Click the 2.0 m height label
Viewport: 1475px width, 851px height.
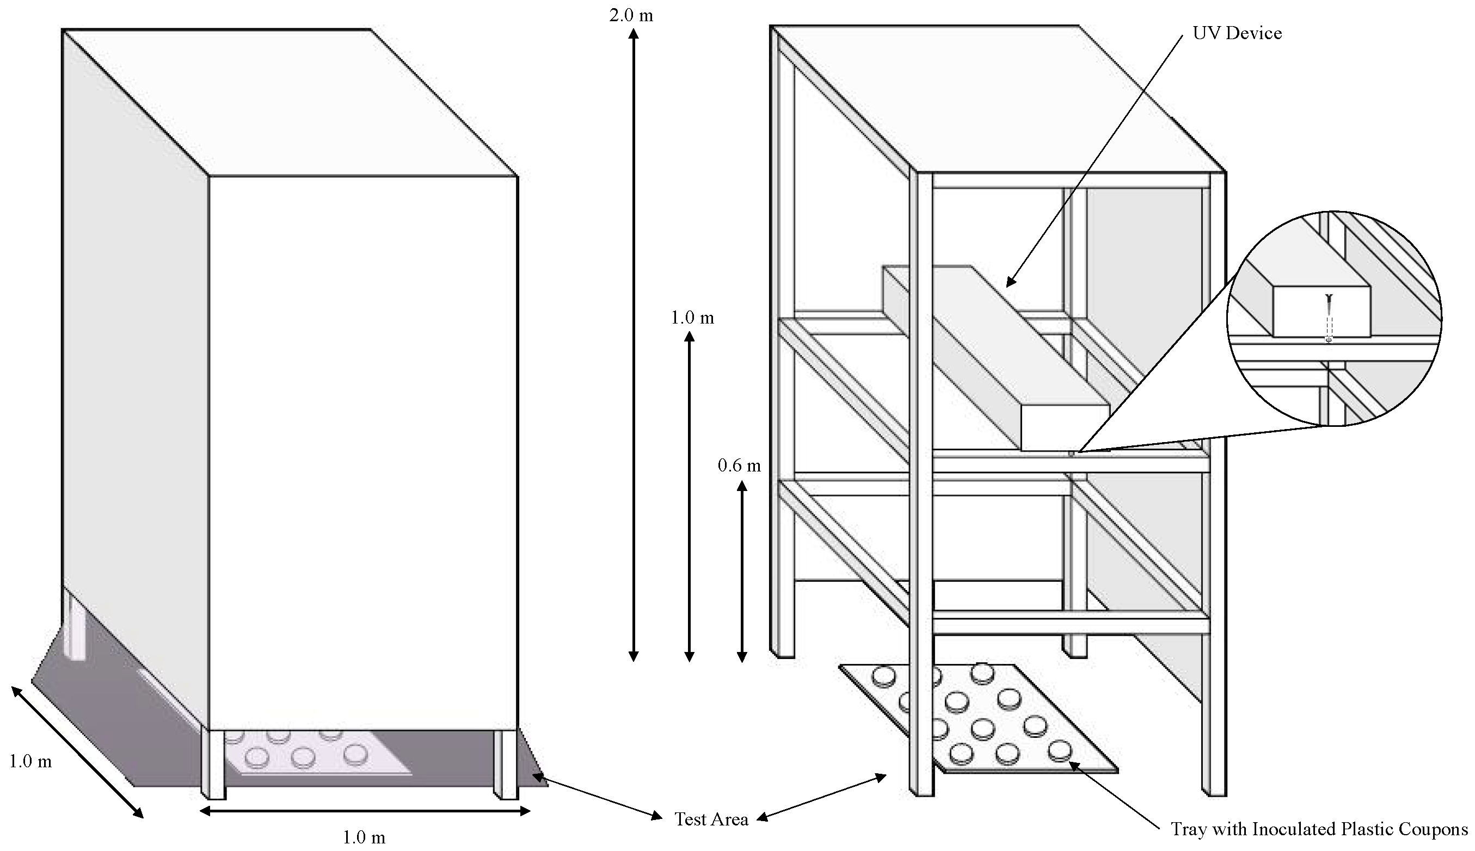pos(630,15)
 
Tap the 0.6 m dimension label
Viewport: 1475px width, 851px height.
pos(739,466)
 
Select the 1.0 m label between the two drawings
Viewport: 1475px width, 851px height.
pos(692,318)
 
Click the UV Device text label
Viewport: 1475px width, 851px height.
pos(1237,33)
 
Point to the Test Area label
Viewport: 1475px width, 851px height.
pos(711,819)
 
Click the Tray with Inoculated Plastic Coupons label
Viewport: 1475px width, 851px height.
pos(1319,829)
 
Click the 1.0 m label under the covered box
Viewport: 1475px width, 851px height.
pos(363,838)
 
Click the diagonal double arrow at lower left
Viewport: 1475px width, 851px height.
pos(77,751)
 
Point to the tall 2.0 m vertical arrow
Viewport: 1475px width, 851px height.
pos(633,345)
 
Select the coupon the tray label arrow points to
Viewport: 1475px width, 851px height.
pos(1059,750)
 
